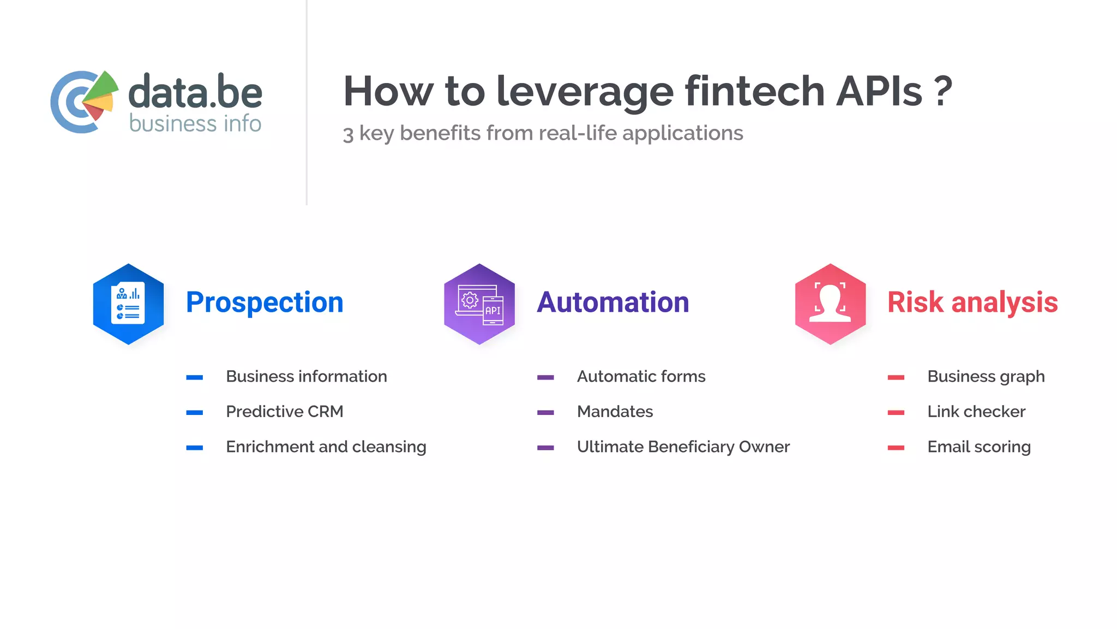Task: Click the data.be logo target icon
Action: click(x=84, y=102)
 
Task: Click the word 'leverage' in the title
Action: click(x=585, y=92)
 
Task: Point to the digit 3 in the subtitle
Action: click(x=348, y=134)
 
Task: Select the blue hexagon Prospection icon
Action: click(x=128, y=304)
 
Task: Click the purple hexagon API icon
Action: click(x=479, y=304)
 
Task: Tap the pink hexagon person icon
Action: click(x=830, y=304)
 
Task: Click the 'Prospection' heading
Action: click(x=265, y=302)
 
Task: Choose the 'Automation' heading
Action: click(x=612, y=302)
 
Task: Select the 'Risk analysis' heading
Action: click(x=972, y=302)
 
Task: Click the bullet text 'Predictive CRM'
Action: click(x=284, y=412)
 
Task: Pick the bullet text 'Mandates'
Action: click(x=615, y=412)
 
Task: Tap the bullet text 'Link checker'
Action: click(x=976, y=412)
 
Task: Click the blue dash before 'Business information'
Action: click(x=194, y=377)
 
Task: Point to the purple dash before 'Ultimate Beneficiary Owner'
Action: click(x=545, y=448)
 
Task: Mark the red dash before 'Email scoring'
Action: click(x=896, y=448)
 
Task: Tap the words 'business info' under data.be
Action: click(x=195, y=124)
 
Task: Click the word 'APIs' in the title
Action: click(x=879, y=92)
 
